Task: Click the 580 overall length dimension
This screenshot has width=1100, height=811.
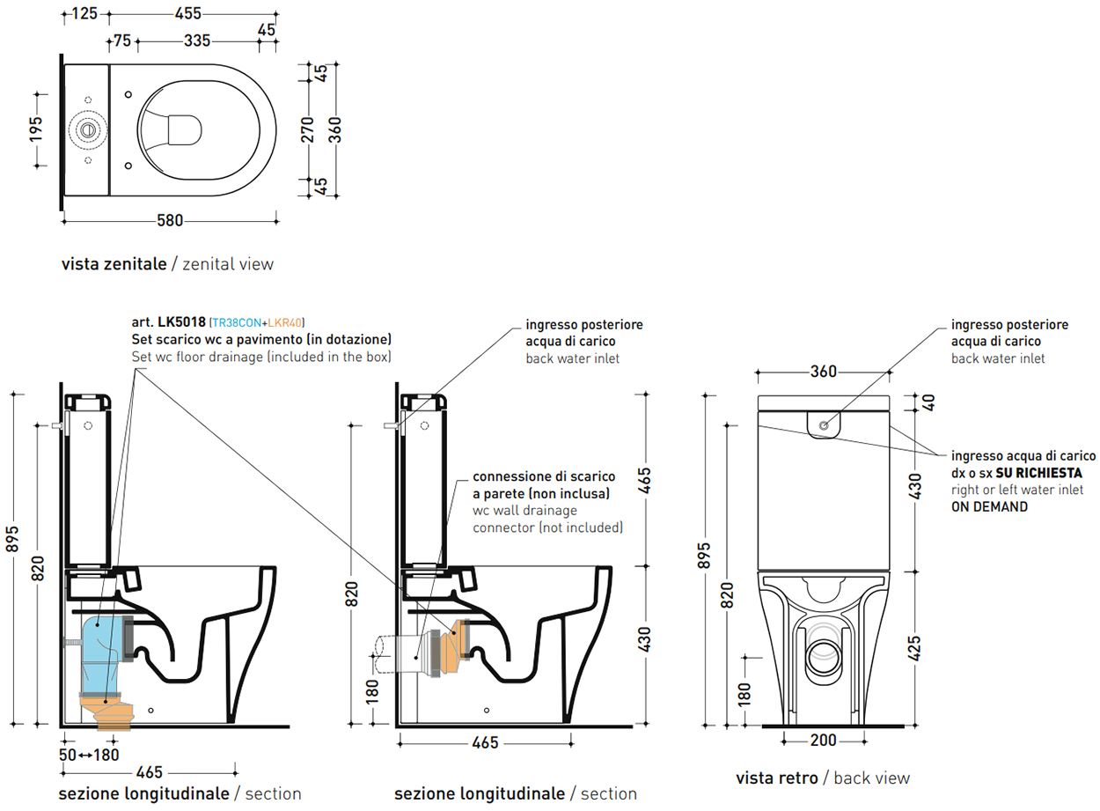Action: tap(170, 221)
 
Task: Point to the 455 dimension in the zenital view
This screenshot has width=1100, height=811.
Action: tap(187, 13)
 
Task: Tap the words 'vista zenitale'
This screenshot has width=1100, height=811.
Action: tap(114, 263)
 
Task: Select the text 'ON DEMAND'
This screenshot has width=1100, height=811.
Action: tap(989, 507)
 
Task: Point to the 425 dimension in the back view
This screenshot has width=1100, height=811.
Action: tap(914, 649)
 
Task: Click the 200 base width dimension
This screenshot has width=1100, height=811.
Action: tap(823, 741)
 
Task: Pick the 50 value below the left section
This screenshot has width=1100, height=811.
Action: tap(68, 755)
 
